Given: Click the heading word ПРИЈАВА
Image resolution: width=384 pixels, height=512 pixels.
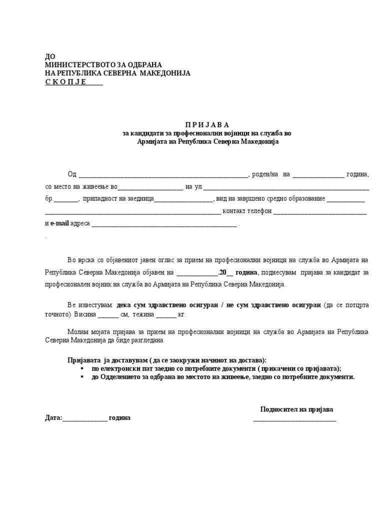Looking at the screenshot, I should pyautogui.click(x=206, y=124).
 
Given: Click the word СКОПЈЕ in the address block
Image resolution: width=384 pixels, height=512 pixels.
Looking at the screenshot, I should pyautogui.click(x=65, y=81).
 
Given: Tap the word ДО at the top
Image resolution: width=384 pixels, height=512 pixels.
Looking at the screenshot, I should pyautogui.click(x=50, y=56).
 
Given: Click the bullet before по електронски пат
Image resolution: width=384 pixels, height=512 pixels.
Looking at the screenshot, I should pyautogui.click(x=81, y=368).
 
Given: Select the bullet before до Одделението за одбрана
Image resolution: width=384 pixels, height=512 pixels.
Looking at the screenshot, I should pyautogui.click(x=81, y=377).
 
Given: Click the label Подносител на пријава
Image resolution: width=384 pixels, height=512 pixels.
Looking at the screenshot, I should pyautogui.click(x=296, y=409).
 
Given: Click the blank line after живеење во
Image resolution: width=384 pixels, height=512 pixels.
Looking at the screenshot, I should pyautogui.click(x=150, y=188).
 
